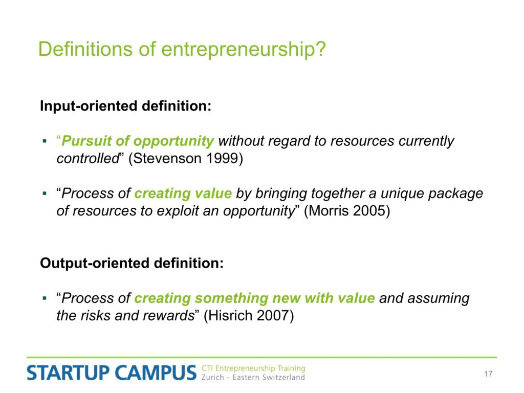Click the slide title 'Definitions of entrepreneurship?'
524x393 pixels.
(182, 50)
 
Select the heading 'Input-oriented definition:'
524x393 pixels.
(126, 106)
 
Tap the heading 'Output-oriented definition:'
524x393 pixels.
(132, 263)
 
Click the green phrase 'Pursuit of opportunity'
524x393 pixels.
(138, 141)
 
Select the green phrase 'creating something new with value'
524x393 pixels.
(255, 298)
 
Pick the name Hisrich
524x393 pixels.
(229, 315)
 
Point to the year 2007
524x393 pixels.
(271, 315)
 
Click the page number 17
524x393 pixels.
(488, 374)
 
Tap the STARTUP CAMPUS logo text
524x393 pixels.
(112, 373)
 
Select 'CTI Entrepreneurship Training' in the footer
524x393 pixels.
(253, 368)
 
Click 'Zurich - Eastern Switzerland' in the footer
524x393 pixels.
(253, 378)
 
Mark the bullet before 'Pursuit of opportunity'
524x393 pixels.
(45, 141)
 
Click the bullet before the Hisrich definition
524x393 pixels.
(45, 298)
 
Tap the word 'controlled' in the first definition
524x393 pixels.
(88, 159)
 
